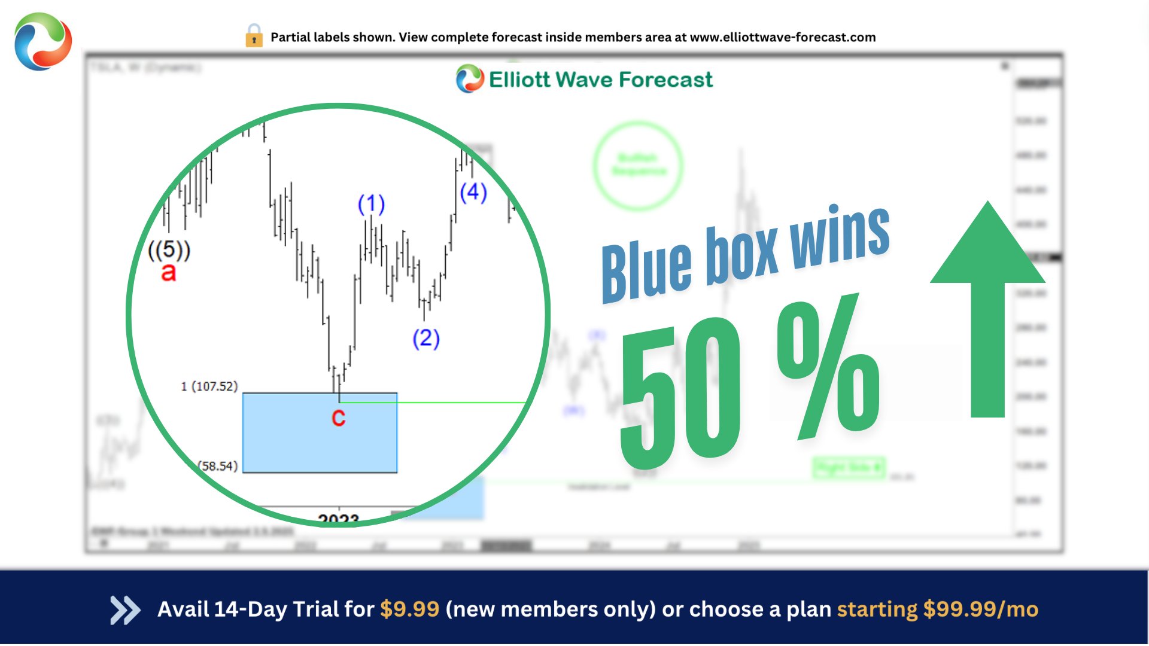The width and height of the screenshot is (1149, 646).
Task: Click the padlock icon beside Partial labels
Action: pyautogui.click(x=254, y=36)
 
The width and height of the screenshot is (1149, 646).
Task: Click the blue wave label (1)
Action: pyautogui.click(x=371, y=204)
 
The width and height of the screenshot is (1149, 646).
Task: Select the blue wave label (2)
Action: pyautogui.click(x=426, y=339)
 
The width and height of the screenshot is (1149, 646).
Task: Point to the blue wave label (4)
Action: pyautogui.click(x=473, y=192)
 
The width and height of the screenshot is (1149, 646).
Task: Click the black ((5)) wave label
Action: pyautogui.click(x=169, y=249)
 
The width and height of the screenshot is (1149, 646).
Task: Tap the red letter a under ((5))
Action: pyautogui.click(x=169, y=273)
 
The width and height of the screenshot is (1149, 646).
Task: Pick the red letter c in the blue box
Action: pyautogui.click(x=338, y=418)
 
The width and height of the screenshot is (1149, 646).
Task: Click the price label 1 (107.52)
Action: pyautogui.click(x=209, y=386)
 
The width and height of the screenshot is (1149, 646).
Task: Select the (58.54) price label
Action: pyautogui.click(x=218, y=466)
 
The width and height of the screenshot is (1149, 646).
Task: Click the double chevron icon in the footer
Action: pyautogui.click(x=125, y=610)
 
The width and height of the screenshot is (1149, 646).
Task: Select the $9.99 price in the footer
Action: pyautogui.click(x=409, y=610)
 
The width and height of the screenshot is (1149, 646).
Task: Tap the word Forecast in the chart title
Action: pyautogui.click(x=665, y=80)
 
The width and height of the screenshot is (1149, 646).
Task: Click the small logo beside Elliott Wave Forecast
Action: pyautogui.click(x=470, y=79)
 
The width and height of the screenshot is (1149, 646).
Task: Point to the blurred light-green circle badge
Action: pyautogui.click(x=638, y=165)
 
